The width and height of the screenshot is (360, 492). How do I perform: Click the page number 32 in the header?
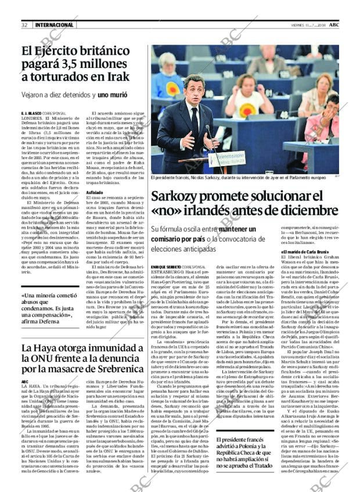25,25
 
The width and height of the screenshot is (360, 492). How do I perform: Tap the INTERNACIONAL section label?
54,25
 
